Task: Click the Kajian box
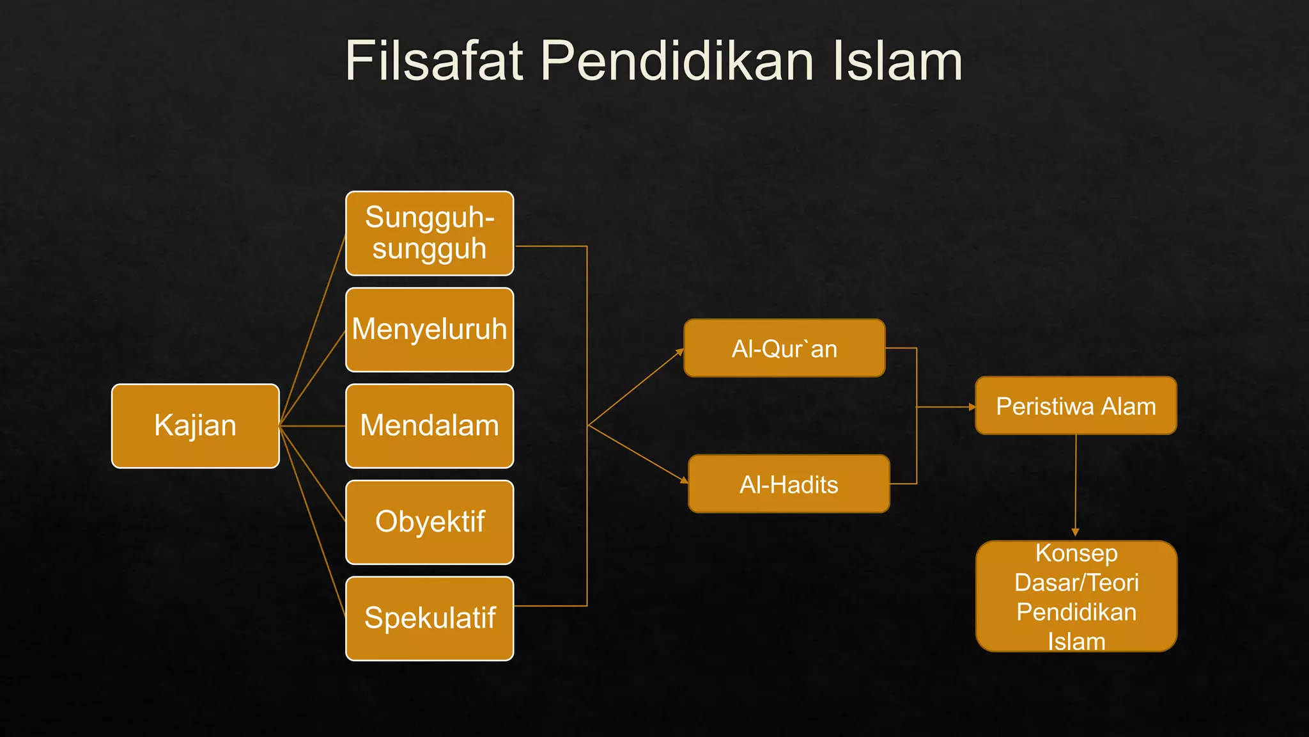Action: click(x=195, y=426)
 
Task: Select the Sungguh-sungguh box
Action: click(x=430, y=234)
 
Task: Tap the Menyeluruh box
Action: click(x=430, y=329)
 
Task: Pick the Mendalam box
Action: click(x=430, y=426)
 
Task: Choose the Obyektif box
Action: click(x=430, y=522)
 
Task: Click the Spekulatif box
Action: click(x=430, y=619)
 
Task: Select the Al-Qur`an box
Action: click(x=784, y=348)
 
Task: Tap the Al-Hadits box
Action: click(x=789, y=484)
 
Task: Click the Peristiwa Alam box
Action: click(x=1076, y=406)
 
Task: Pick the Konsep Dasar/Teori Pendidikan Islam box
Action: click(x=1076, y=596)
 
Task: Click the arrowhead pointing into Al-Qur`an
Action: click(x=680, y=351)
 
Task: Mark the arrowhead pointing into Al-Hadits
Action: click(x=685, y=480)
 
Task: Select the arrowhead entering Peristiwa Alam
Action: click(x=972, y=407)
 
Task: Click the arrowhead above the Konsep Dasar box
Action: click(x=1075, y=532)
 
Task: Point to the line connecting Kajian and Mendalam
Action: click(x=313, y=426)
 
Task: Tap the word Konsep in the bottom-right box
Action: click(x=1076, y=553)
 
